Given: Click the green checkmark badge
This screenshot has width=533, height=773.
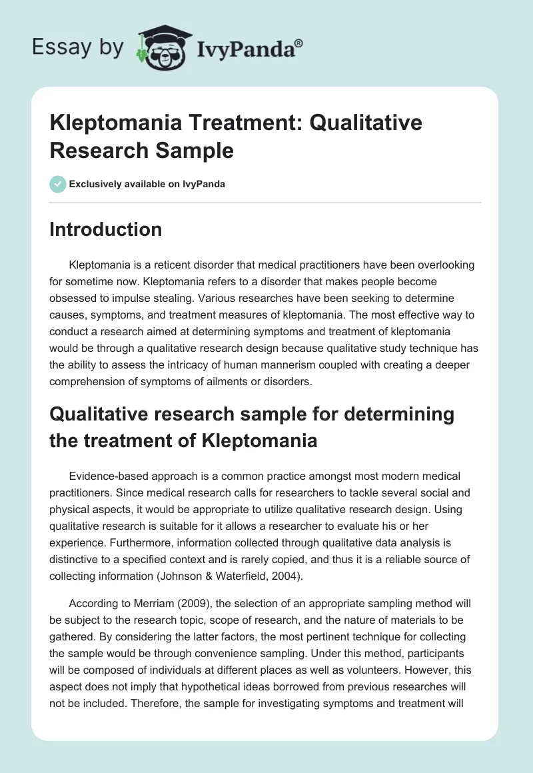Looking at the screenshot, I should click(x=57, y=184).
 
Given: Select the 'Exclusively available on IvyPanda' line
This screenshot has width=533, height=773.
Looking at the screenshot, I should click(x=147, y=184).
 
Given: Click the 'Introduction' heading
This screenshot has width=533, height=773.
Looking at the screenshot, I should click(x=106, y=229).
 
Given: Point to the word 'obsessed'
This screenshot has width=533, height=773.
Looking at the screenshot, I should click(x=73, y=296).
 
